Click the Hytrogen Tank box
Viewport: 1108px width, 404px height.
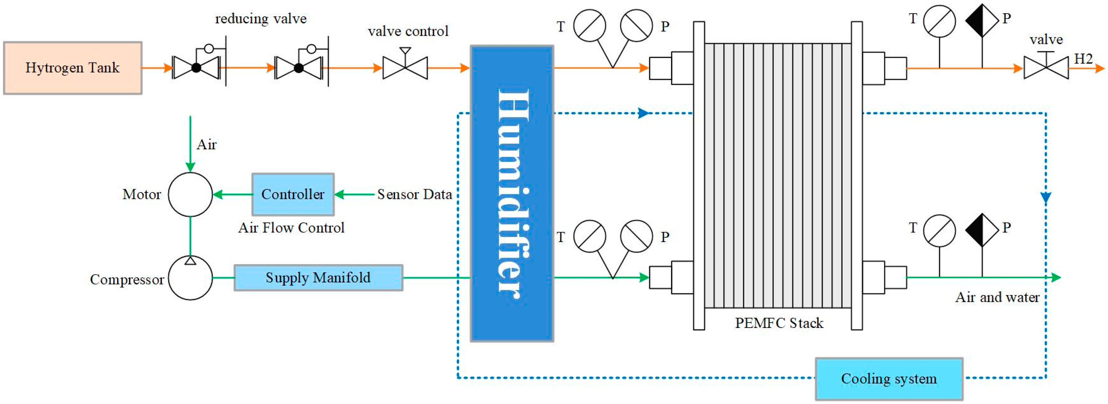coord(72,68)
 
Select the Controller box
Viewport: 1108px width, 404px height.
coord(293,195)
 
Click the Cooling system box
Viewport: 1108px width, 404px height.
coord(889,379)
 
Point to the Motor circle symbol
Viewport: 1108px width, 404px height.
coord(190,195)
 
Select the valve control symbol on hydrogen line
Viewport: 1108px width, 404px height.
coord(405,68)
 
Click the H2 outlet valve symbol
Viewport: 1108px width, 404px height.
coord(1046,68)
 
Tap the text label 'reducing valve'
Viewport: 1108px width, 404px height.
coord(261,19)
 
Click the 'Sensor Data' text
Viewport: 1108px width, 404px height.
coord(414,195)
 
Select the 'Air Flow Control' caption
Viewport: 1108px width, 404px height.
coord(291,227)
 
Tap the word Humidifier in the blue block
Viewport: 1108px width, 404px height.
coord(512,194)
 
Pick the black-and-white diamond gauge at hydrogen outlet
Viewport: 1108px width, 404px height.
coord(982,20)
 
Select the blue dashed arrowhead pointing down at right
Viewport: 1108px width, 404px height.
coord(1046,198)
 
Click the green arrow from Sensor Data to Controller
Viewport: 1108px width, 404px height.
coord(354,195)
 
